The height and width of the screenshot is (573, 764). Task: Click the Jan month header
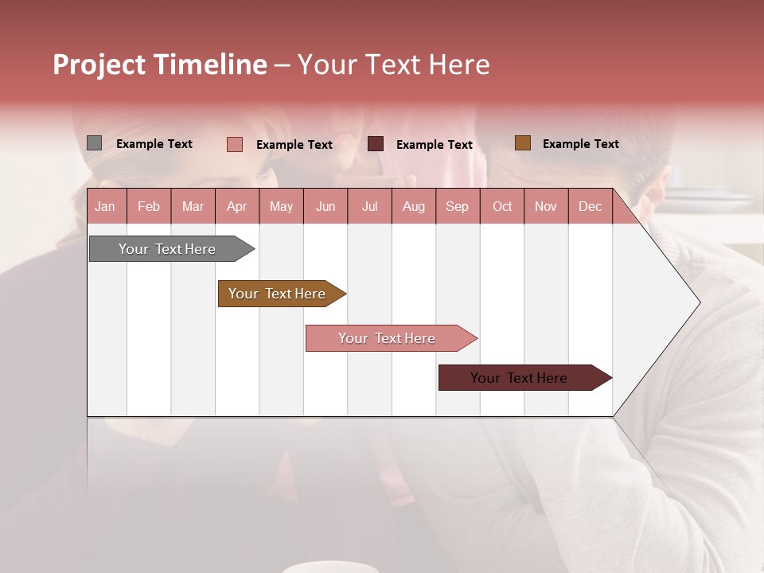[x=105, y=207]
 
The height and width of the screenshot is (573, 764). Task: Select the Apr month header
[x=236, y=207]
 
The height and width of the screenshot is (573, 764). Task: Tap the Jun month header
[x=325, y=207]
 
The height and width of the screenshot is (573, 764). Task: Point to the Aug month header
[x=413, y=207]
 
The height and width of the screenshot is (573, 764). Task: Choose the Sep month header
[x=457, y=207]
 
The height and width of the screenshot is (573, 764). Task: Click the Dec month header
[x=590, y=207]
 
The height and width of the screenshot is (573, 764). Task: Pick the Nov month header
[x=545, y=207]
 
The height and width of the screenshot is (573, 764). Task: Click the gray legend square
[x=94, y=143]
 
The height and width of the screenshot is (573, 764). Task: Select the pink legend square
[x=235, y=144]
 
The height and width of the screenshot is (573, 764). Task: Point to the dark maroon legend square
[x=376, y=144]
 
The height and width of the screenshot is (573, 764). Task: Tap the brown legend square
[x=522, y=143]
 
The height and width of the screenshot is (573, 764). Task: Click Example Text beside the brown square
[x=580, y=144]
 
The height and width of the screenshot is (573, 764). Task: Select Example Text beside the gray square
[x=154, y=144]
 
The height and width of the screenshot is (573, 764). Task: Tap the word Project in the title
[x=99, y=64]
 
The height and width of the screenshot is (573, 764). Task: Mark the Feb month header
[x=149, y=207]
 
